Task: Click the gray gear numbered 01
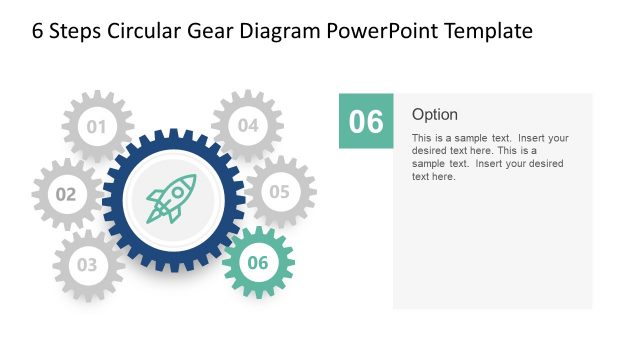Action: (x=97, y=126)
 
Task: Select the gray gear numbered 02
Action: (x=66, y=194)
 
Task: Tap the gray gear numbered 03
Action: (x=88, y=265)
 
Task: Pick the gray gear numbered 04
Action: (x=247, y=126)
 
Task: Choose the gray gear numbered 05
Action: (x=279, y=191)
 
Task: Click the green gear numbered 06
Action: (x=258, y=263)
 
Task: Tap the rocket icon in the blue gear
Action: (x=172, y=199)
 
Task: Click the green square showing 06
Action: (x=366, y=121)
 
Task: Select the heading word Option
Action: (x=435, y=114)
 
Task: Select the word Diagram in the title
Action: (x=283, y=31)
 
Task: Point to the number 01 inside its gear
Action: (x=97, y=127)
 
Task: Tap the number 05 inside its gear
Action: (x=279, y=191)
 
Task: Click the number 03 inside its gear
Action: (x=88, y=266)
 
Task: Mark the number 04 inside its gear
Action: (x=247, y=126)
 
